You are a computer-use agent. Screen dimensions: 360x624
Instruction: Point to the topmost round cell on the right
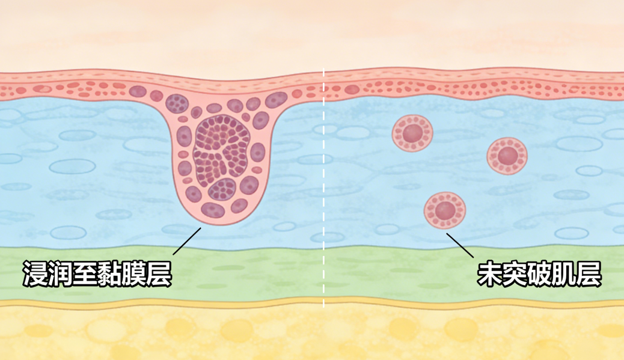412,133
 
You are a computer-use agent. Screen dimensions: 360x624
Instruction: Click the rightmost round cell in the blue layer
507,156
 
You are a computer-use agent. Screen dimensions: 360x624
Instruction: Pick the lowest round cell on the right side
445,210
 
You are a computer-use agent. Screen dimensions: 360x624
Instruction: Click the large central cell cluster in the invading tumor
220,151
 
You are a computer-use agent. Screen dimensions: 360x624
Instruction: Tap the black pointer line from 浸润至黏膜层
186,242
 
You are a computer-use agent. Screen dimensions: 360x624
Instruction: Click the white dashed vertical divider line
324,180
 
